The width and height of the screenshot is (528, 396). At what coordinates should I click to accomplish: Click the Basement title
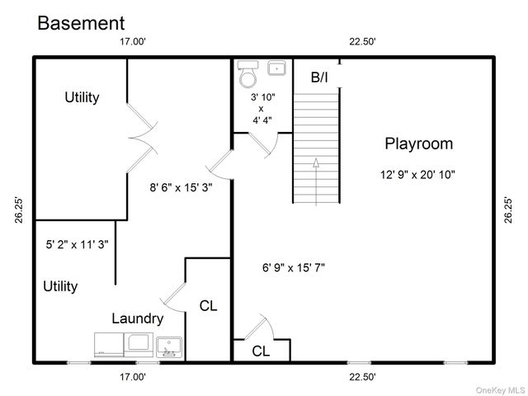(81, 23)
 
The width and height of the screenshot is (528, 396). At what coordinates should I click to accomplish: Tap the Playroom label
(418, 144)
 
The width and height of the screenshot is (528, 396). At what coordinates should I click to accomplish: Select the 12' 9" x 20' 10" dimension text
(418, 174)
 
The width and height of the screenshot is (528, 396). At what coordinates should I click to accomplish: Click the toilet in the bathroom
(247, 77)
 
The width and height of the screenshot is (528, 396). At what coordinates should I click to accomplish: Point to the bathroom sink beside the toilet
(276, 68)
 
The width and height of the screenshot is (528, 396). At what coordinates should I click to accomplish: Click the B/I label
(319, 78)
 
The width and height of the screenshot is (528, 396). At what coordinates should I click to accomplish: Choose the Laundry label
(137, 318)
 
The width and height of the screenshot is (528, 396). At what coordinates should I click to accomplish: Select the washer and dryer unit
(122, 345)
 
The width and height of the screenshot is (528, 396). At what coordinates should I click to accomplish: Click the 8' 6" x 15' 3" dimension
(181, 187)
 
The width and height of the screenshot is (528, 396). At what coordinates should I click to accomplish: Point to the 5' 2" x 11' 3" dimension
(78, 244)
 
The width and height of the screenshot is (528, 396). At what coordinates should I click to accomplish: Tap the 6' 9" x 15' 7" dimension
(294, 267)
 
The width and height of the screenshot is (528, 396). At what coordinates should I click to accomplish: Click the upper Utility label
(82, 97)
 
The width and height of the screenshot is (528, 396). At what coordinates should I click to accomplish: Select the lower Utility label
(60, 286)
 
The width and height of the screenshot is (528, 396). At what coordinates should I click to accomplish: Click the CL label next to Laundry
(209, 306)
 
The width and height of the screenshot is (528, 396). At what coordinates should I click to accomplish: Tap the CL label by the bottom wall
(261, 351)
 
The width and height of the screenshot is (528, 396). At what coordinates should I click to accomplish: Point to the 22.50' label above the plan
(362, 41)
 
